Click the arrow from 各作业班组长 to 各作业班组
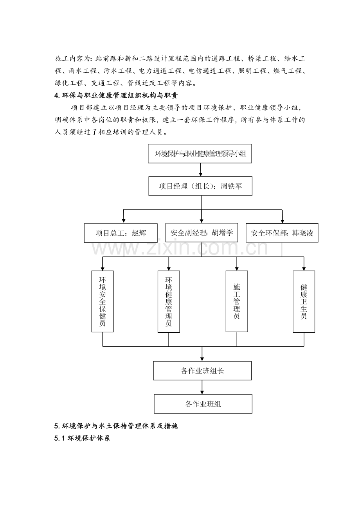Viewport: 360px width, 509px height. point(202,387)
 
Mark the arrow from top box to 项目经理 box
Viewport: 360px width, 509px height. point(201,170)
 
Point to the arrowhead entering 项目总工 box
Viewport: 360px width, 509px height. point(124,220)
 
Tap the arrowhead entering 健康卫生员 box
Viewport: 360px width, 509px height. point(304,269)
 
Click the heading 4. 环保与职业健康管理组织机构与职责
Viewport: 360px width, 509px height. point(116,95)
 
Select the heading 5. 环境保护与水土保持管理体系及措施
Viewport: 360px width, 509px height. point(116,426)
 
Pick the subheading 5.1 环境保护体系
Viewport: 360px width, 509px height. point(82,438)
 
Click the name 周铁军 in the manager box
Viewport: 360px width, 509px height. point(231,186)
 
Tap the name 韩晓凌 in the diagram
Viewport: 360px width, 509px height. point(303,233)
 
